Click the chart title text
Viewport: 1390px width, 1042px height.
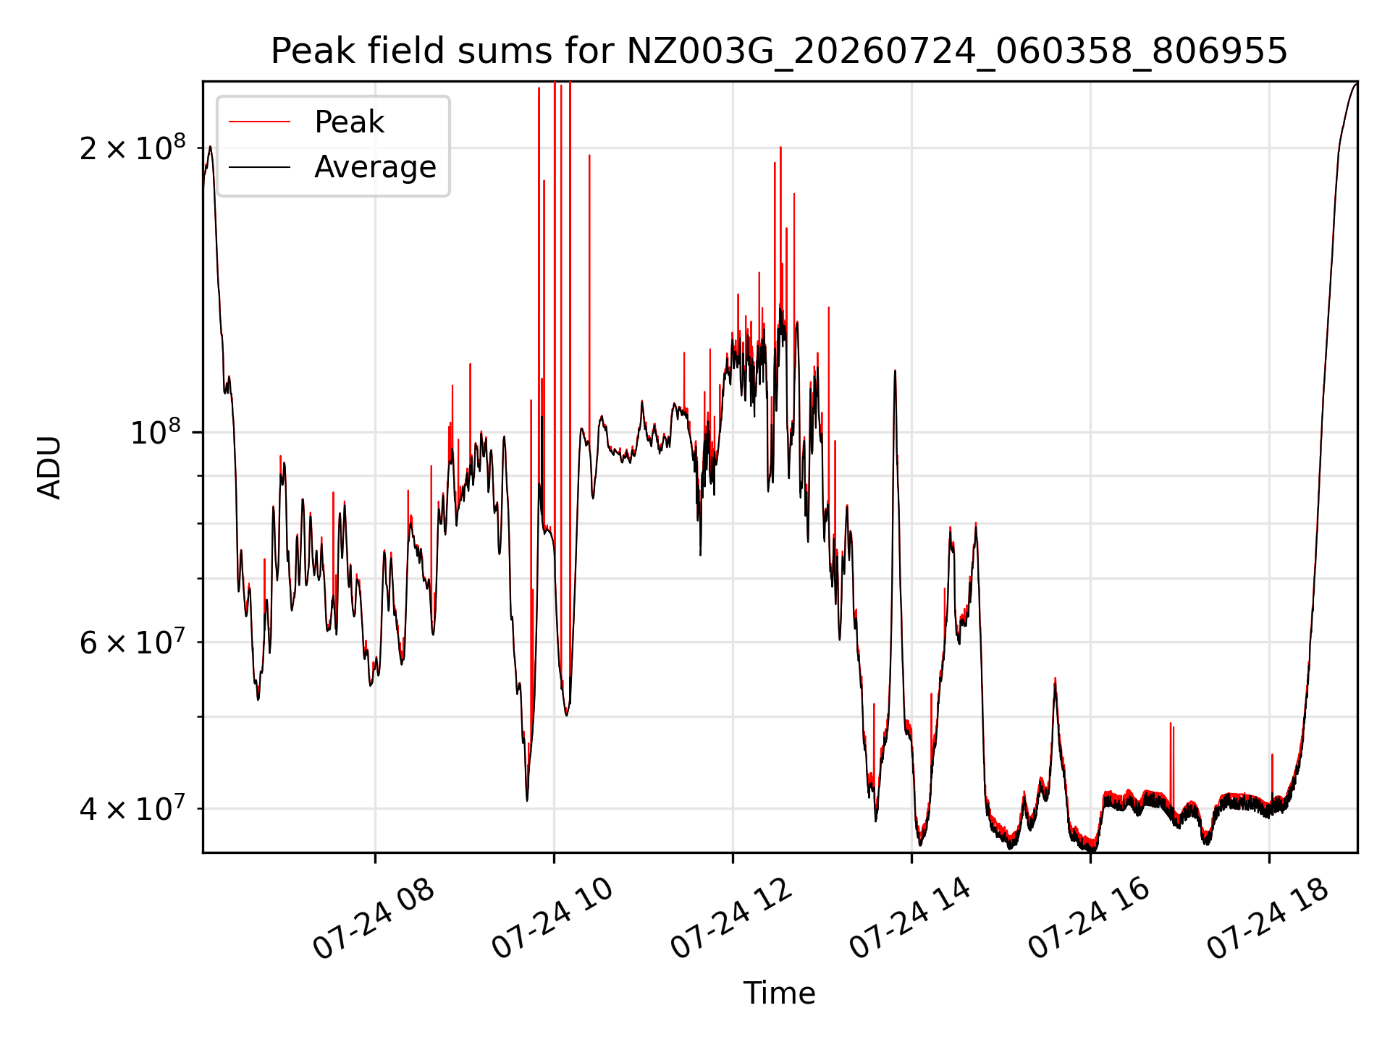[x=779, y=51]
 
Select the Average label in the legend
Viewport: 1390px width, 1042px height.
[x=375, y=167]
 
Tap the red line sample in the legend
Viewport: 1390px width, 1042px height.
[x=259, y=122]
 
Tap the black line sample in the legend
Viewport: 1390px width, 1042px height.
[x=259, y=167]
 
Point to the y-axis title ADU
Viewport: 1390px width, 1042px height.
[x=49, y=467]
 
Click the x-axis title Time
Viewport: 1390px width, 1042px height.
[x=779, y=994]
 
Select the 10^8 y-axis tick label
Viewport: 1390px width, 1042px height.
[x=156, y=432]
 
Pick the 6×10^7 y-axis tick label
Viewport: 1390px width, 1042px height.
[x=132, y=642]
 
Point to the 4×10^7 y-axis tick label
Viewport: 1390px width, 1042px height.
[x=132, y=808]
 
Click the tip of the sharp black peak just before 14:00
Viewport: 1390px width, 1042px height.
[x=895, y=370]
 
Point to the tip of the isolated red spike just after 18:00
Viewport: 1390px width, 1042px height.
[x=1272, y=755]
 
